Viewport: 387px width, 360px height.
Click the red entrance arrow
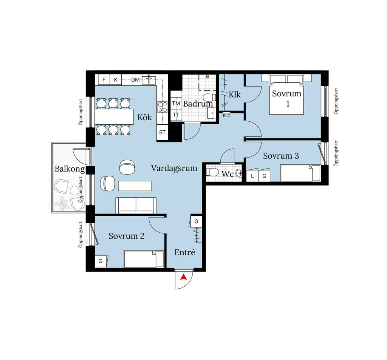coord(183,277)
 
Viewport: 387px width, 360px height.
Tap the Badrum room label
coord(198,104)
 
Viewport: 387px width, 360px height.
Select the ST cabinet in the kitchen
coord(162,133)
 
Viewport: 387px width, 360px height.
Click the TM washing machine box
coord(176,104)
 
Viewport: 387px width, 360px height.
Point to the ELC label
coord(226,116)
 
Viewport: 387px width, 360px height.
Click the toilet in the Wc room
coord(212,172)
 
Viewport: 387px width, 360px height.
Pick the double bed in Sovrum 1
coord(286,94)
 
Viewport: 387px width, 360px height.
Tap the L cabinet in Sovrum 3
coord(252,176)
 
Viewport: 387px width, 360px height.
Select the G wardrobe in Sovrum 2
coord(101,261)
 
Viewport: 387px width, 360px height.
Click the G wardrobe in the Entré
coord(197,221)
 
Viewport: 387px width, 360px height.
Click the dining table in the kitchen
coord(114,117)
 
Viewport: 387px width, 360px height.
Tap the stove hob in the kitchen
coord(163,107)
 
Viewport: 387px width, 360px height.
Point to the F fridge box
coord(104,80)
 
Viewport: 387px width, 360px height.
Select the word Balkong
coord(70,169)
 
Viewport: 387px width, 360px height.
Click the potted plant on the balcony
coord(62,204)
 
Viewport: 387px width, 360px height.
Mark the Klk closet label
coord(234,94)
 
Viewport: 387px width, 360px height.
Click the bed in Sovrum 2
coord(144,259)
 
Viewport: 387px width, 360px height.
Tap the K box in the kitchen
coord(116,80)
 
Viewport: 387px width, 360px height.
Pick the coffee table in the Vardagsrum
coord(135,186)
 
